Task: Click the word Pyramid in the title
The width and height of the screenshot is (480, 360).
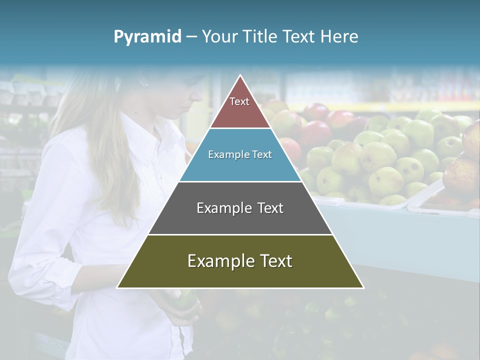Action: (x=147, y=37)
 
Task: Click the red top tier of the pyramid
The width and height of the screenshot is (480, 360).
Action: (x=240, y=107)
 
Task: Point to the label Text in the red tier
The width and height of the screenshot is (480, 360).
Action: (x=239, y=101)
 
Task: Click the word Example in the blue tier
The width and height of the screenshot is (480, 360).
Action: (x=224, y=154)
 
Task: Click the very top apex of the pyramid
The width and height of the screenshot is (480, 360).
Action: (x=240, y=76)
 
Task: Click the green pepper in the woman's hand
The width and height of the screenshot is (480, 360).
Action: (x=182, y=300)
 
